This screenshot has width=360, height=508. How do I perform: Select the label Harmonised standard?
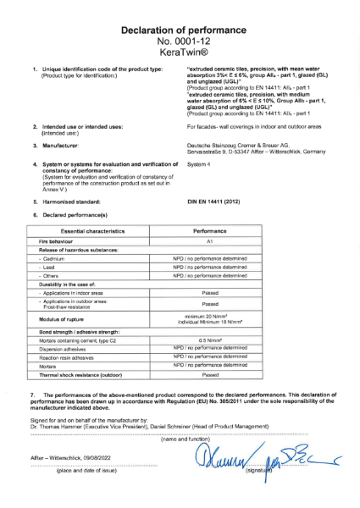[72, 180]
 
